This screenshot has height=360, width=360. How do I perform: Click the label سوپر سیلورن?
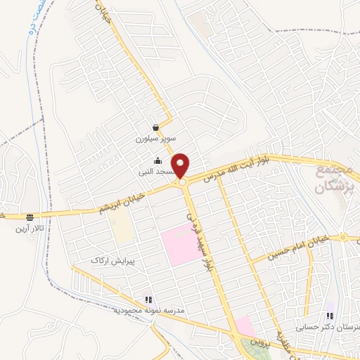pos(155,139)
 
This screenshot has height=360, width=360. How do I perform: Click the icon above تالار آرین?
pos(29,217)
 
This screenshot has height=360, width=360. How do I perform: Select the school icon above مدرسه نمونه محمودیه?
pos(148,299)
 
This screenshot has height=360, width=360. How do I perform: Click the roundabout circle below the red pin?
pos(182,183)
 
